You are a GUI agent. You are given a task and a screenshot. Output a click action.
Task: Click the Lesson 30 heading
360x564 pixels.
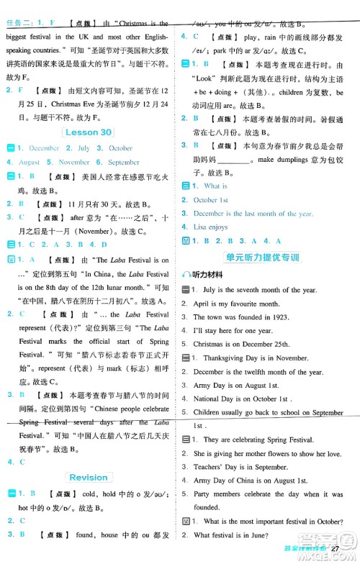[x=87, y=132]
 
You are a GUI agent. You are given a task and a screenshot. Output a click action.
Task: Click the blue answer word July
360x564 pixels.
[x=84, y=148]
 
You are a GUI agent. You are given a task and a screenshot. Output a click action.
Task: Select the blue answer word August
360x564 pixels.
[x=30, y=162]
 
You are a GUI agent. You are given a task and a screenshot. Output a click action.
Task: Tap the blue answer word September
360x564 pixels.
[x=122, y=162]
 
